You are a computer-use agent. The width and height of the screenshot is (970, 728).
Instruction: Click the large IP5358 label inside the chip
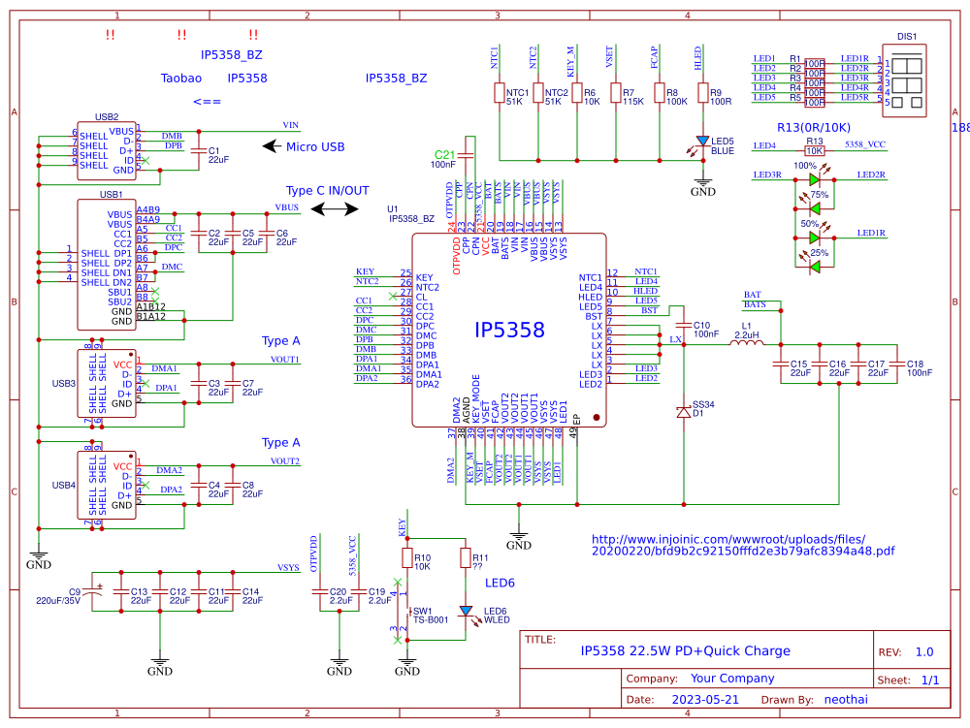509,331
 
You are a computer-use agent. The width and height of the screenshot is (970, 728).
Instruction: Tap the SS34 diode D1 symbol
684,412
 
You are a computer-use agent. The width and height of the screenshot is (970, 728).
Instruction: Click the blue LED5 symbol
702,141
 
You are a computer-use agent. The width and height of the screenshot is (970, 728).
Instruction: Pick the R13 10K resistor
815,150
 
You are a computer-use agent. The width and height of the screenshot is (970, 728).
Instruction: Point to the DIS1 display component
907,82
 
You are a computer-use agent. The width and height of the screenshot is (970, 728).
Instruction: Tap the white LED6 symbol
467,611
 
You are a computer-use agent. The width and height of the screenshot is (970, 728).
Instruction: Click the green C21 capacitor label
444,155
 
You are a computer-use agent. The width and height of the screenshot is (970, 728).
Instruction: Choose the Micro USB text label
315,147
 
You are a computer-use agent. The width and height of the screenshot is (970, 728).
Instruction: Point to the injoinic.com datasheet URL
742,545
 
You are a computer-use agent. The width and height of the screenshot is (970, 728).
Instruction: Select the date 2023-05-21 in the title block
698,699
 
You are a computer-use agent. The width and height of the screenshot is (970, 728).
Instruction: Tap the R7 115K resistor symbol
615,93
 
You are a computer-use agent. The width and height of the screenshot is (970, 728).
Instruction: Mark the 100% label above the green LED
805,166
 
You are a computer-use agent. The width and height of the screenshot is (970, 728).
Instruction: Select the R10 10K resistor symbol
407,558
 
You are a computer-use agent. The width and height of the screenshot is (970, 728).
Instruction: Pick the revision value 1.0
924,652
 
